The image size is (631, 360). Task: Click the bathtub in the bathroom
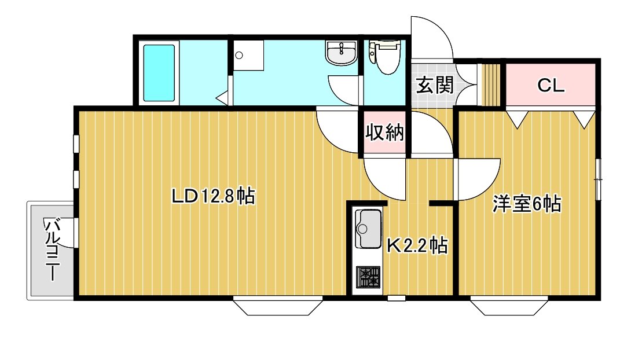[159, 73]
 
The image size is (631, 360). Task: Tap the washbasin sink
[341, 53]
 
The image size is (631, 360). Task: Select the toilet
[384, 57]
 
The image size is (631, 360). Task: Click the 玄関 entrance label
[435, 85]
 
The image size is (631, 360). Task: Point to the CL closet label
[551, 85]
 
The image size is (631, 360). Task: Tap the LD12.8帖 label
[213, 196]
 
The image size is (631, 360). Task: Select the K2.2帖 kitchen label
[417, 245]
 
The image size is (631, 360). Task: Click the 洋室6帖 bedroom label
[527, 204]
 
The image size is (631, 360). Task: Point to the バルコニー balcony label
[52, 249]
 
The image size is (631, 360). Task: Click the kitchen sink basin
[368, 229]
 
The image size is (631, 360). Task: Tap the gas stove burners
[368, 277]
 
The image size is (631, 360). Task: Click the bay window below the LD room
[278, 306]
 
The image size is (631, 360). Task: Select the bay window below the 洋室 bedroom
[509, 306]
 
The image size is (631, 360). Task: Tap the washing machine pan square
[248, 55]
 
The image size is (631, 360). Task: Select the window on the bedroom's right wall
[599, 179]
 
